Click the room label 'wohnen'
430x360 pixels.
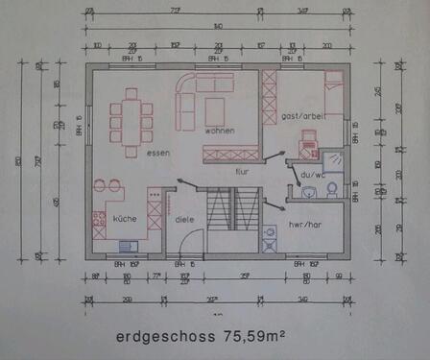click(x=221, y=129)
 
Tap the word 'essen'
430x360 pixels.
click(x=158, y=153)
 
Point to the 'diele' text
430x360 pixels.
click(x=184, y=219)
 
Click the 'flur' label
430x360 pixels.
click(x=243, y=171)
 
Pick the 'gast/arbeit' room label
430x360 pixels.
click(x=301, y=115)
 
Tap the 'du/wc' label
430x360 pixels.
click(x=313, y=176)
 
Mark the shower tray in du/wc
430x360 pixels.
click(x=335, y=161)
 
